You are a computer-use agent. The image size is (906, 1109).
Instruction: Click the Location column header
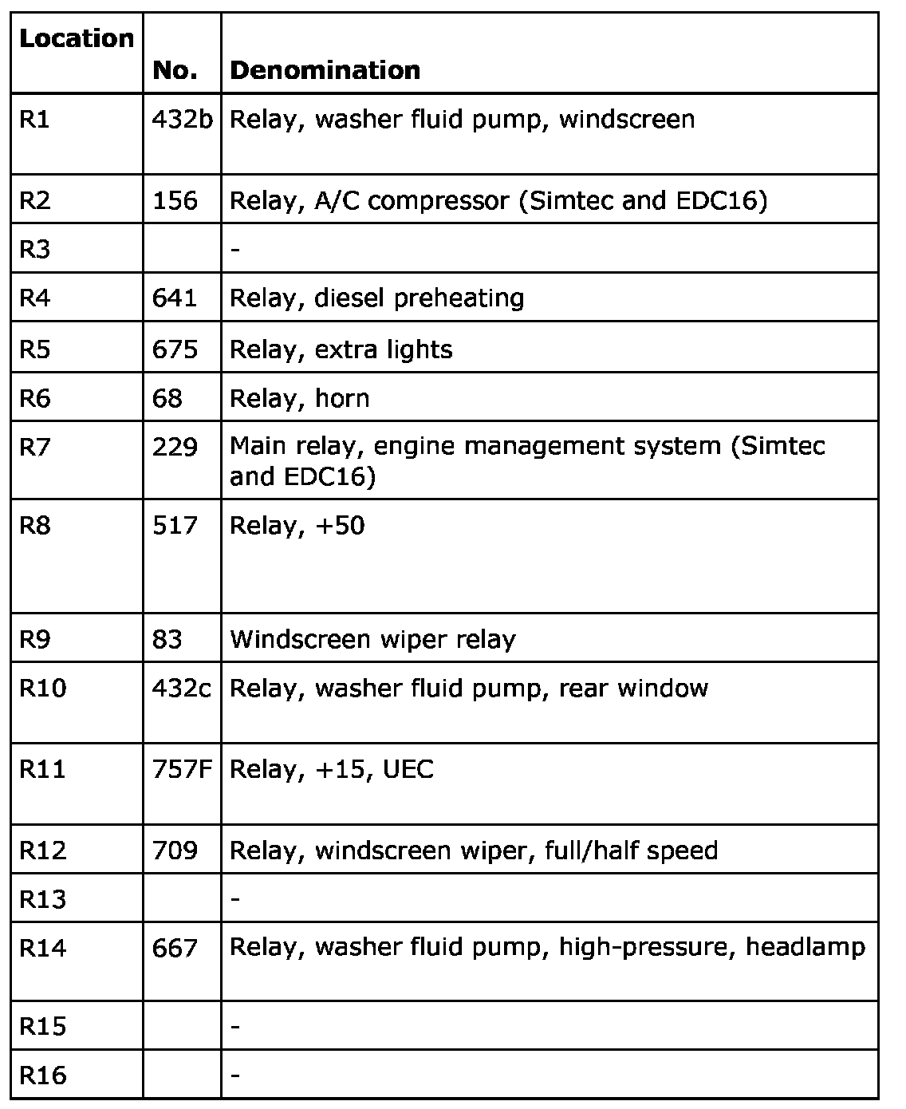[77, 38]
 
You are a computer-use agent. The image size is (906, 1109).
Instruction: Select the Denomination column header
[325, 70]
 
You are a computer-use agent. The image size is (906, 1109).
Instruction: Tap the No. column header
[175, 70]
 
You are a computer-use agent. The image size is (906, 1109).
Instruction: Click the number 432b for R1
[183, 120]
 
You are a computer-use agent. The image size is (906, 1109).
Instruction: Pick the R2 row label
[35, 200]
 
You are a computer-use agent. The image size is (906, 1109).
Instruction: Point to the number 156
[175, 200]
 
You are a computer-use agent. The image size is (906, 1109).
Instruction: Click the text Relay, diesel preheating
[376, 298]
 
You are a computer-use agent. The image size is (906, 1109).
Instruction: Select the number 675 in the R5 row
[175, 349]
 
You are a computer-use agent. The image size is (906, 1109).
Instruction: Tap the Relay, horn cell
[299, 398]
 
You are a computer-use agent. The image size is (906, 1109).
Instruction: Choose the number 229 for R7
[175, 446]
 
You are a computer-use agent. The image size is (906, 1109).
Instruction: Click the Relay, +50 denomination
[297, 526]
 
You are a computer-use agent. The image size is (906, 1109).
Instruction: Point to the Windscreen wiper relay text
[372, 640]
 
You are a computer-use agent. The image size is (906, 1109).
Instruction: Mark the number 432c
[182, 689]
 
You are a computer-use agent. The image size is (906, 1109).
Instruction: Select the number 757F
[183, 770]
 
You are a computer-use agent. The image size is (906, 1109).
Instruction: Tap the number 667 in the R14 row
[175, 948]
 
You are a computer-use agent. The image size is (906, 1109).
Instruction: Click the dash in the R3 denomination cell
[234, 250]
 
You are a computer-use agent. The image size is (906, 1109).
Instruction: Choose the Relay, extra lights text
[341, 349]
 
